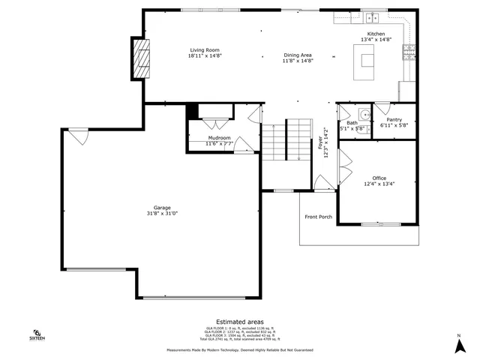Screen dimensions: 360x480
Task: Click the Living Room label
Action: (205, 49)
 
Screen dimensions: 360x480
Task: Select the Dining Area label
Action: (298, 55)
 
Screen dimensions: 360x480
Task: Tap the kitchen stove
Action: (409, 52)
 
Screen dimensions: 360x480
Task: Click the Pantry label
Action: (394, 119)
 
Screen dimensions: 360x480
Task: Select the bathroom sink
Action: (364, 115)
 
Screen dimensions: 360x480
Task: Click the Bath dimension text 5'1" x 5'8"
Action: (352, 128)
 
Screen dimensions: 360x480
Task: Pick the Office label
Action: (379, 178)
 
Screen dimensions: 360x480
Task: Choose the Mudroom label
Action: (220, 138)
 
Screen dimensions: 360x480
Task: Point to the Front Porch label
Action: (318, 217)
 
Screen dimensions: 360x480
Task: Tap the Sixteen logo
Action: (36, 335)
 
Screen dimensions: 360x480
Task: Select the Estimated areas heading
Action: (239, 321)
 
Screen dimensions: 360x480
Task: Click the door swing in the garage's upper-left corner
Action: (79, 136)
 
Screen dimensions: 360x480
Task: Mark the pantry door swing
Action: (382, 109)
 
